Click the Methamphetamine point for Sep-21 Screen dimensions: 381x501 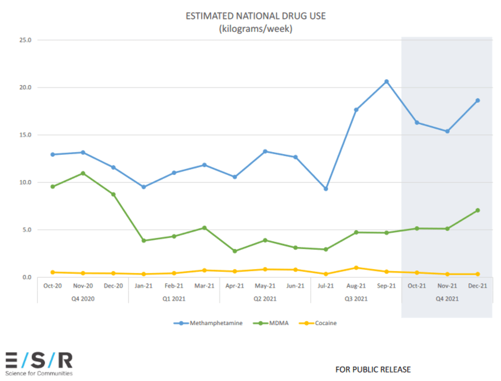pos(386,82)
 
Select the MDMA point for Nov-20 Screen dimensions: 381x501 pos(83,173)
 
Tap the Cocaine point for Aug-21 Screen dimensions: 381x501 pos(356,268)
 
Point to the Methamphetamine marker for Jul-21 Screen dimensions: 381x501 pos(326,189)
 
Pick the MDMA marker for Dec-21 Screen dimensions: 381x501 pos(477,210)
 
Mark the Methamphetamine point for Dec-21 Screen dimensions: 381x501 pos(477,101)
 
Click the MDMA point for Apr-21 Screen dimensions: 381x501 pos(235,251)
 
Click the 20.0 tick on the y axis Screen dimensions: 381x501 pos(25,87)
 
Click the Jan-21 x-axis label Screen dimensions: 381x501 pos(144,286)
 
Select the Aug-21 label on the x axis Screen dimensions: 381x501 pos(356,286)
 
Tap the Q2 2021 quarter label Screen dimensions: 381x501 pos(265,299)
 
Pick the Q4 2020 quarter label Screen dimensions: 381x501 pos(83,299)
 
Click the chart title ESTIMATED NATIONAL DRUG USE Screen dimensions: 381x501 pos(256,16)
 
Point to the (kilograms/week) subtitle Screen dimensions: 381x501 pos(256,29)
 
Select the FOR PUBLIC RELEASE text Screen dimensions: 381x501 pos(373,370)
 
